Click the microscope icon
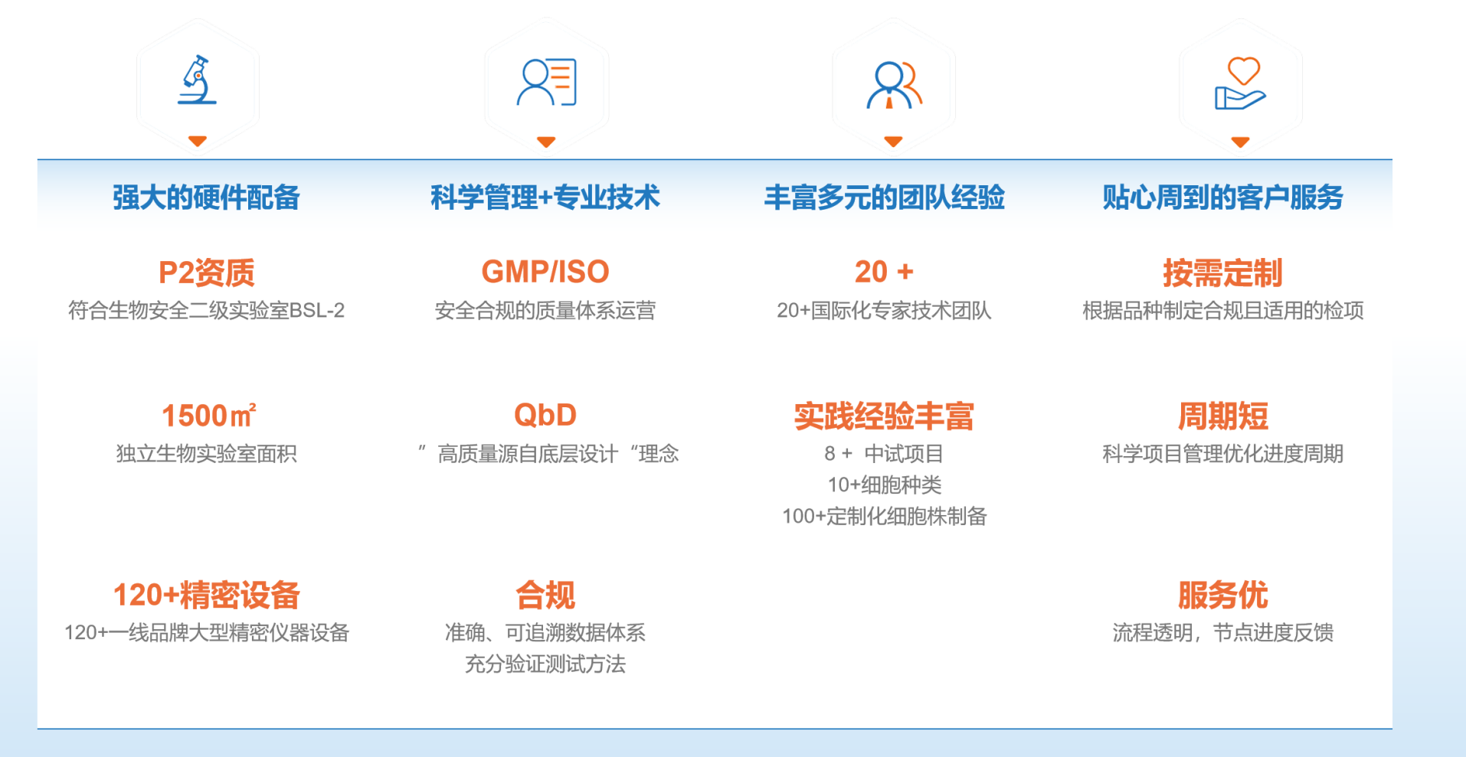(x=198, y=80)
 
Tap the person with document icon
(x=546, y=82)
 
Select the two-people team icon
(x=893, y=84)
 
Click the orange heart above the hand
(x=1243, y=70)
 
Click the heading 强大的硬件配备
(x=206, y=197)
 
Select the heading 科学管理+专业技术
(x=545, y=197)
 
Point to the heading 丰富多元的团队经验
(x=884, y=197)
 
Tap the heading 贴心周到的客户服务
(x=1222, y=197)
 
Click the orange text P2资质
(x=206, y=272)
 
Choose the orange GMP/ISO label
(x=545, y=272)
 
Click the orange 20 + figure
(x=884, y=272)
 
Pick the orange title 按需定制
(x=1222, y=272)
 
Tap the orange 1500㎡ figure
(x=208, y=416)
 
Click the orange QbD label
(x=545, y=415)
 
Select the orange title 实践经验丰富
(x=884, y=416)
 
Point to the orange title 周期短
(x=1222, y=416)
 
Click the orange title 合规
(x=545, y=595)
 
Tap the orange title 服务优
(x=1222, y=595)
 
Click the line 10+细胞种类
(x=884, y=485)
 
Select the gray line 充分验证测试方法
(x=545, y=664)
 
